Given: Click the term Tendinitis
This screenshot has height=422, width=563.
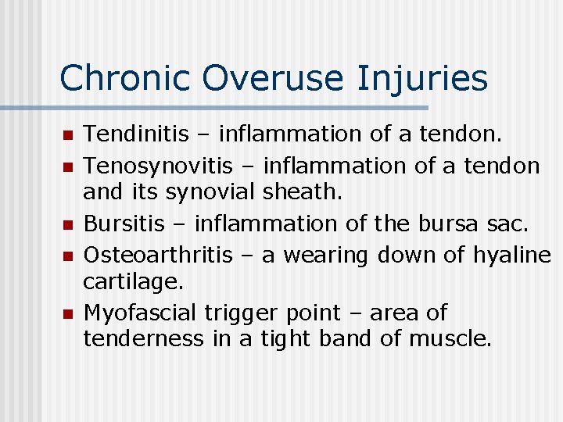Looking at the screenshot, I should click(x=136, y=134).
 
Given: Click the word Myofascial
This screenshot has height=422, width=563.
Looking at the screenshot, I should click(x=140, y=313).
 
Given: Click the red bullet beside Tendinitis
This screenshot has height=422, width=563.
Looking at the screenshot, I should click(x=67, y=136).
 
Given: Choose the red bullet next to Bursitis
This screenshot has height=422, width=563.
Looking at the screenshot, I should click(x=67, y=225).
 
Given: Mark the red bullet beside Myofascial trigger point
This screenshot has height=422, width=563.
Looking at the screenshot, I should click(x=67, y=314).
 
